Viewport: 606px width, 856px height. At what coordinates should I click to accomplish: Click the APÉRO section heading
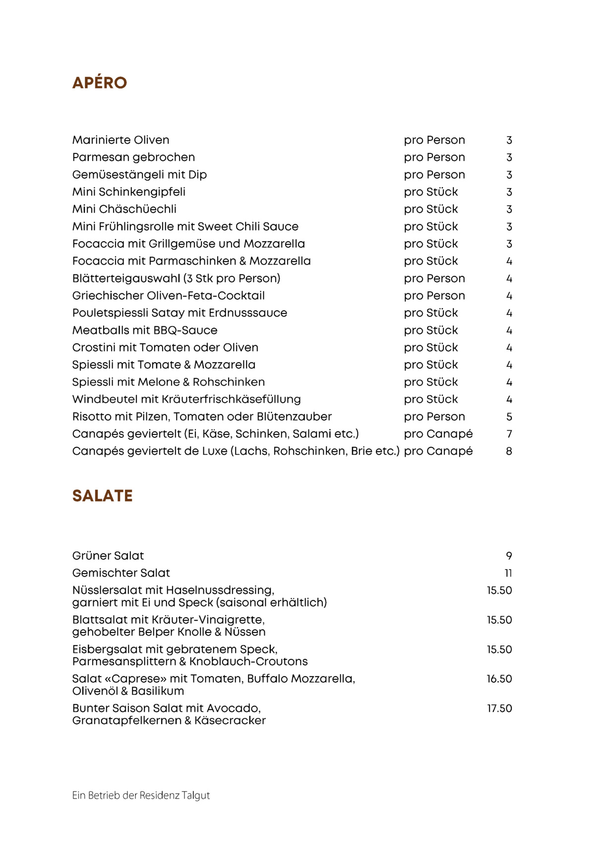tap(100, 83)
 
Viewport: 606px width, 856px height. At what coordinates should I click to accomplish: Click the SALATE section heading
tap(102, 496)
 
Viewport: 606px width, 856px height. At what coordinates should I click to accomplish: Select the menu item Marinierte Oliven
tap(121, 140)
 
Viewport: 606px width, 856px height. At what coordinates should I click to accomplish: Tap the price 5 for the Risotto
tap(509, 417)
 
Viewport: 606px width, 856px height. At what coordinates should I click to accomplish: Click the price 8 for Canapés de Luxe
tap(509, 452)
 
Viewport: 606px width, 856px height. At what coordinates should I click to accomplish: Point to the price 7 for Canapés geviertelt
tap(509, 434)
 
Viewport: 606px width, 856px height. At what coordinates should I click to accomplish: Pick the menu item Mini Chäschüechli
tap(124, 209)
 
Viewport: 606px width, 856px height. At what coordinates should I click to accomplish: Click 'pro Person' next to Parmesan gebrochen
tap(434, 158)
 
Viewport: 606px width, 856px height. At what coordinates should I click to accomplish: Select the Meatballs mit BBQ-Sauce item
tap(144, 330)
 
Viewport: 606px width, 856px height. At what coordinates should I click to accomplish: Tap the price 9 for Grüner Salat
tap(509, 556)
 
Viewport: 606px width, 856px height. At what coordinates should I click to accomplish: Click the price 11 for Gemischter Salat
tap(508, 574)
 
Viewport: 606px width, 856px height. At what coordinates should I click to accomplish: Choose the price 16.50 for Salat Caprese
tap(499, 679)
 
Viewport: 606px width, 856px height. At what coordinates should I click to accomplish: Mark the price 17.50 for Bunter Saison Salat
tap(499, 709)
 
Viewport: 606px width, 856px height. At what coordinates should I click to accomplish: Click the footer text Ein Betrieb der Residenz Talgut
tap(141, 796)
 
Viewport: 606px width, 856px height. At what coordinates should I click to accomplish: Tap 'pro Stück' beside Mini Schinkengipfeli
tap(430, 192)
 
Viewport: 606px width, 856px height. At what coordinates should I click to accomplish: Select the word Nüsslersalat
tap(107, 590)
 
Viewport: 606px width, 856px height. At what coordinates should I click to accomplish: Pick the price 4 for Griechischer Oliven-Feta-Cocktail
tap(509, 296)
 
